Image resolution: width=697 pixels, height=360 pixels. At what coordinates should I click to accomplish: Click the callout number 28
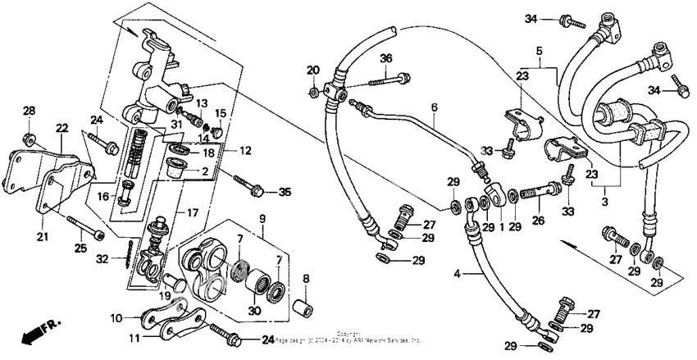click(x=29, y=111)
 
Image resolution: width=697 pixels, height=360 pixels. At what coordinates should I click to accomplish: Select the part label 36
click(x=385, y=57)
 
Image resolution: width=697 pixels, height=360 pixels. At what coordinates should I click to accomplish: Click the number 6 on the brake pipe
click(x=435, y=107)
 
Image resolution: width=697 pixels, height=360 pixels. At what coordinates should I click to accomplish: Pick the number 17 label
click(x=192, y=212)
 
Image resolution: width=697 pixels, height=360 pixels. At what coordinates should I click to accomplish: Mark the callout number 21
click(x=41, y=238)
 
